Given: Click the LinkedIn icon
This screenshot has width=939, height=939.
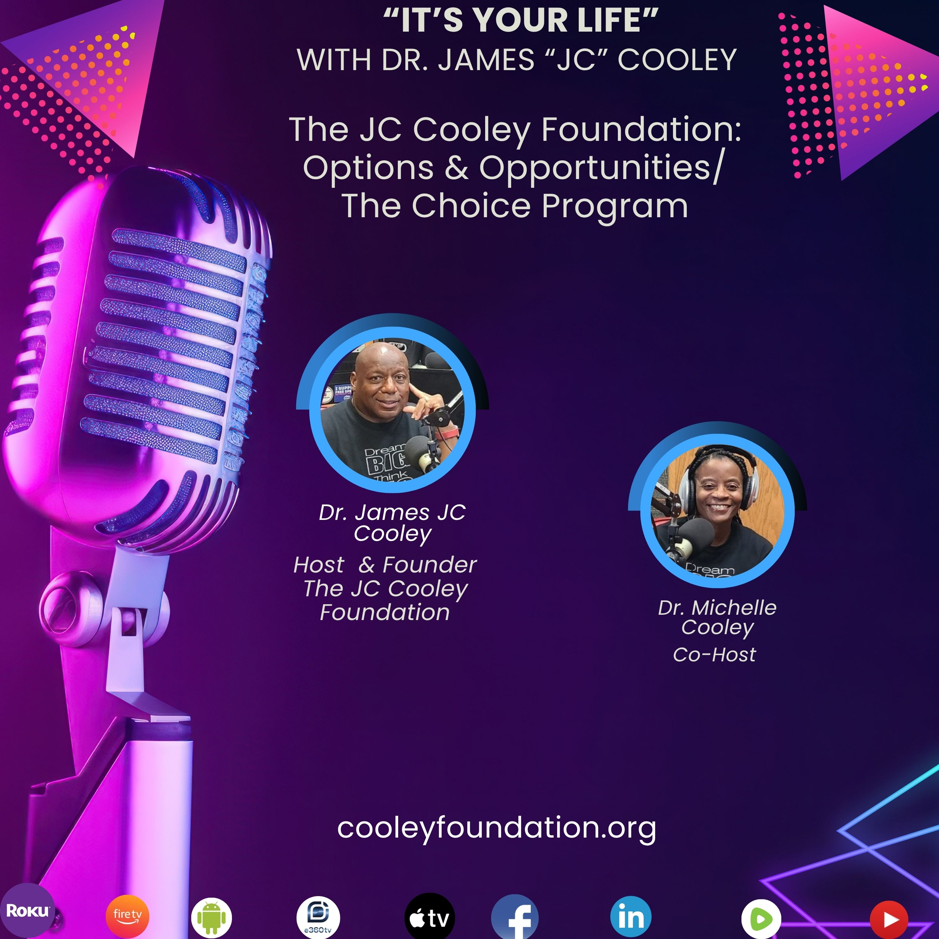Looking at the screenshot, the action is (x=631, y=917).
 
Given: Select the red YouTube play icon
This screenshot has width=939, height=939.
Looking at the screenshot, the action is (x=889, y=919).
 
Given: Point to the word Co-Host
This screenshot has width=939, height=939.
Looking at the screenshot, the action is (x=715, y=655).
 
